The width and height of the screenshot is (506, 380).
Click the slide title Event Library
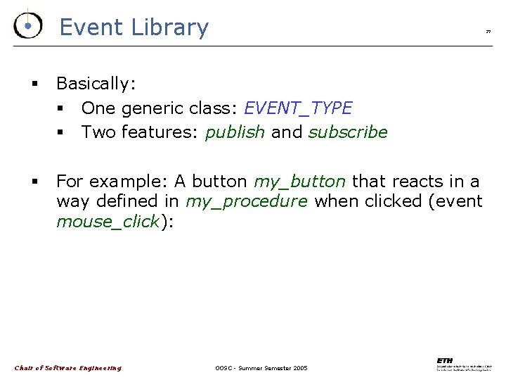click(x=134, y=27)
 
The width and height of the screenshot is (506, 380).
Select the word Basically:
click(x=96, y=84)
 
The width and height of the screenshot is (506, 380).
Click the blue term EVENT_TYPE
click(x=297, y=108)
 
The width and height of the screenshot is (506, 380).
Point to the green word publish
click(x=235, y=132)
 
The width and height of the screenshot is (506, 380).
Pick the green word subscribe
click(x=348, y=132)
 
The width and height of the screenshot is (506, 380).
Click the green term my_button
click(x=299, y=182)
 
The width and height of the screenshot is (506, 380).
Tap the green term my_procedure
click(x=247, y=202)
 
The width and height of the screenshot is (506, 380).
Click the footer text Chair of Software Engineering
click(x=68, y=368)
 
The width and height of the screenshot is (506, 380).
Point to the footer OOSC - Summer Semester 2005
click(x=261, y=368)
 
